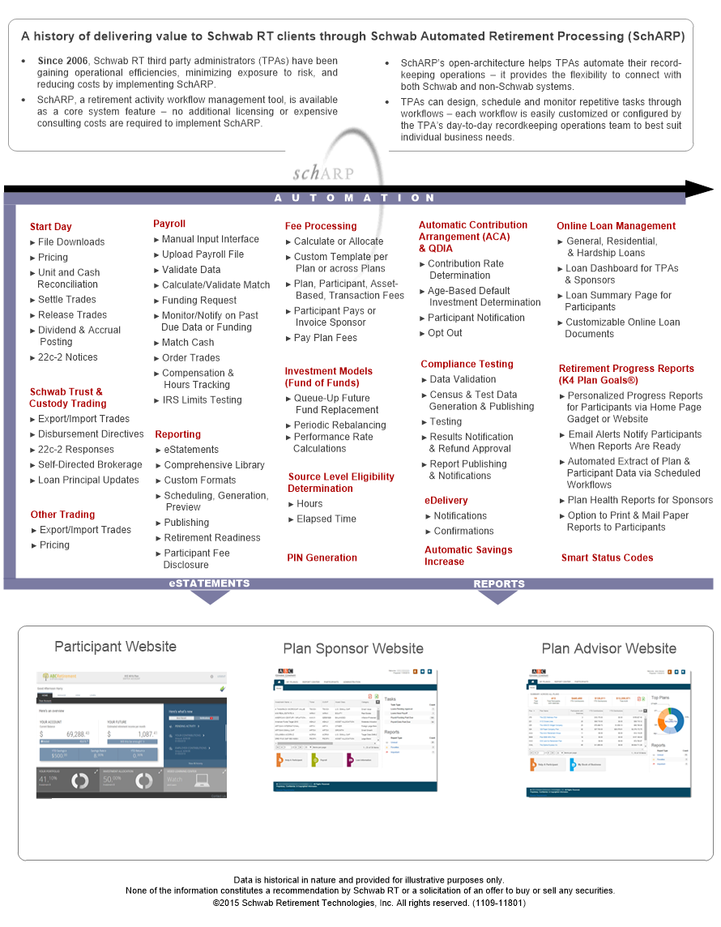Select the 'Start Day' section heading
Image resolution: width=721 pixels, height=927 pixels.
pos(51,227)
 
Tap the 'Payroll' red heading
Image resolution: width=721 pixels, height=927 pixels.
pos(169,224)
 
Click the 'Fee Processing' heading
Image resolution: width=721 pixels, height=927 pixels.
pos(321,226)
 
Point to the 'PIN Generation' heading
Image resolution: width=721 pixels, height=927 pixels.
pos(322,557)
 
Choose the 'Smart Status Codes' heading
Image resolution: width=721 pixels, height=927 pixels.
pos(607,557)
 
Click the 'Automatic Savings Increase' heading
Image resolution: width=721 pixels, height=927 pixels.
pos(468,555)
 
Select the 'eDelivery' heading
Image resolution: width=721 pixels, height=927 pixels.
pos(446,501)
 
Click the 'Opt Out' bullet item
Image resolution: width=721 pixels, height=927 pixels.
pos(445,333)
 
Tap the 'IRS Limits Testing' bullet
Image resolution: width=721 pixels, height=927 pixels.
pos(202,399)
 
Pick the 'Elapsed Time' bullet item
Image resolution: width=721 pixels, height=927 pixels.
pos(326,519)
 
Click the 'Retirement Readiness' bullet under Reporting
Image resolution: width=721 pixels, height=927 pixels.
pos(212,537)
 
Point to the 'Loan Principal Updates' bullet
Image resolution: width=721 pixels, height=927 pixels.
pos(88,480)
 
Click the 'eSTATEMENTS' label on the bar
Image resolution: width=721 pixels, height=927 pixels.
pos(209,583)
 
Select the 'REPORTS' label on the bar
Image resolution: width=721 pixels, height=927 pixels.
pos(499,583)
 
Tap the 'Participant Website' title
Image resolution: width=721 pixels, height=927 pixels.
pos(115,647)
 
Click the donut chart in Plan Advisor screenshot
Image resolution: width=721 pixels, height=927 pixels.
pos(670,718)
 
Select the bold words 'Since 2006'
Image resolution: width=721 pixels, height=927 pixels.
pos(64,62)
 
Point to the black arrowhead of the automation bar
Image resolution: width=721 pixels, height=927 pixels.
pos(699,189)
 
